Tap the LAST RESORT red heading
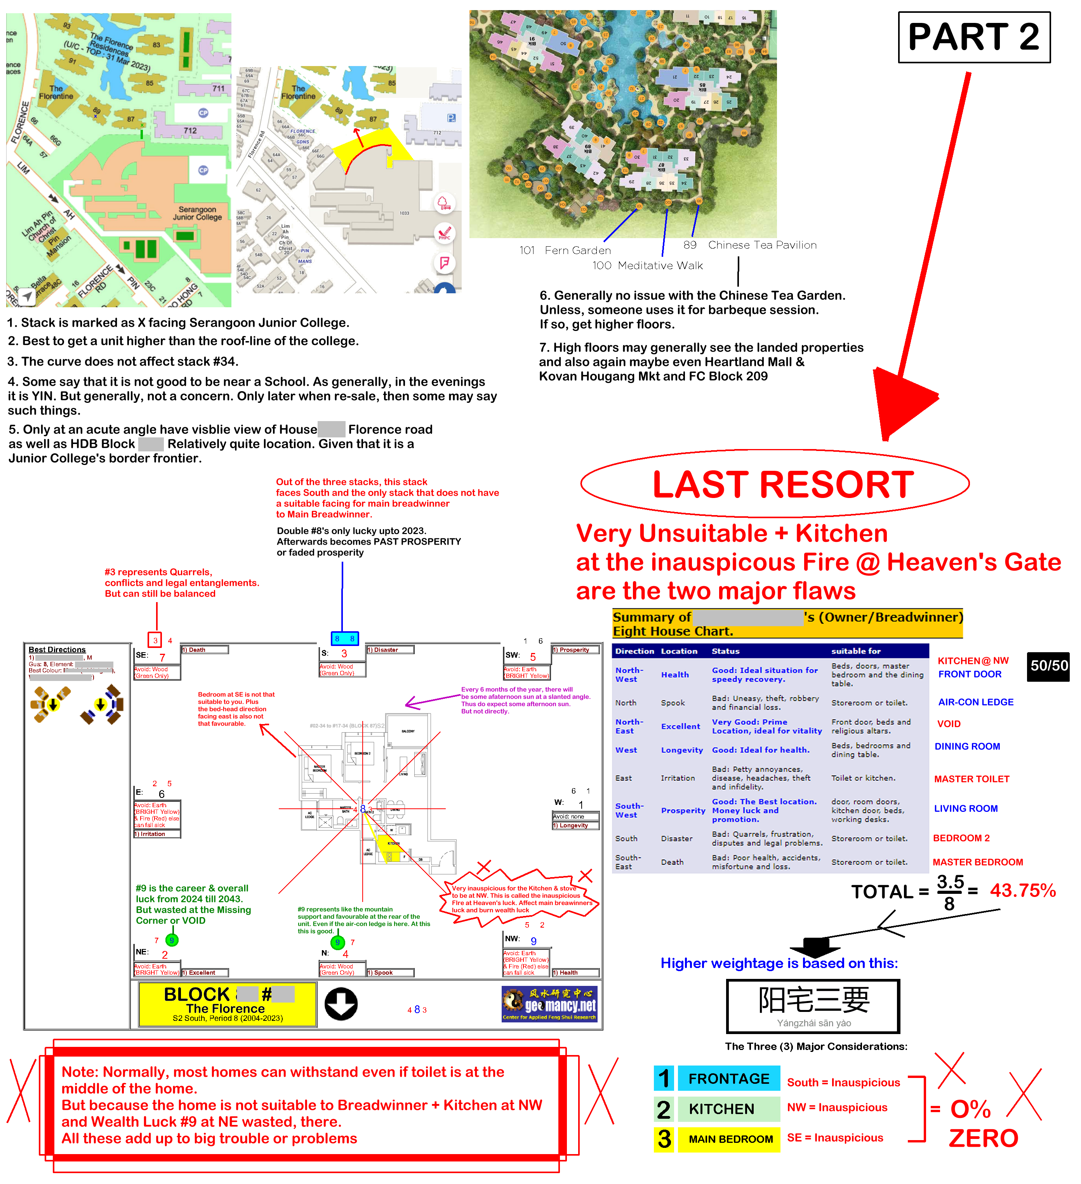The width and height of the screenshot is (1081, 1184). [783, 484]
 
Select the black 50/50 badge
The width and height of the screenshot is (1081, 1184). [1049, 665]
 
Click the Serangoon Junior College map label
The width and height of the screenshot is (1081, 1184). [197, 213]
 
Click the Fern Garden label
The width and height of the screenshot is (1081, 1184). [577, 250]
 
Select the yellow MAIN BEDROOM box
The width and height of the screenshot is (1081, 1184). [730, 1139]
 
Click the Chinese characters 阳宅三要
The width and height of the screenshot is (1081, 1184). [813, 1000]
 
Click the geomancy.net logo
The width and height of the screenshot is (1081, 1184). [549, 1004]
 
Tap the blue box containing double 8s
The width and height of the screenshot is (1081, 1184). [345, 638]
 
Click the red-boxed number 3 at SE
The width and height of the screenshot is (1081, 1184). [155, 640]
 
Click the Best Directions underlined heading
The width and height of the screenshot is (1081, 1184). [57, 649]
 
